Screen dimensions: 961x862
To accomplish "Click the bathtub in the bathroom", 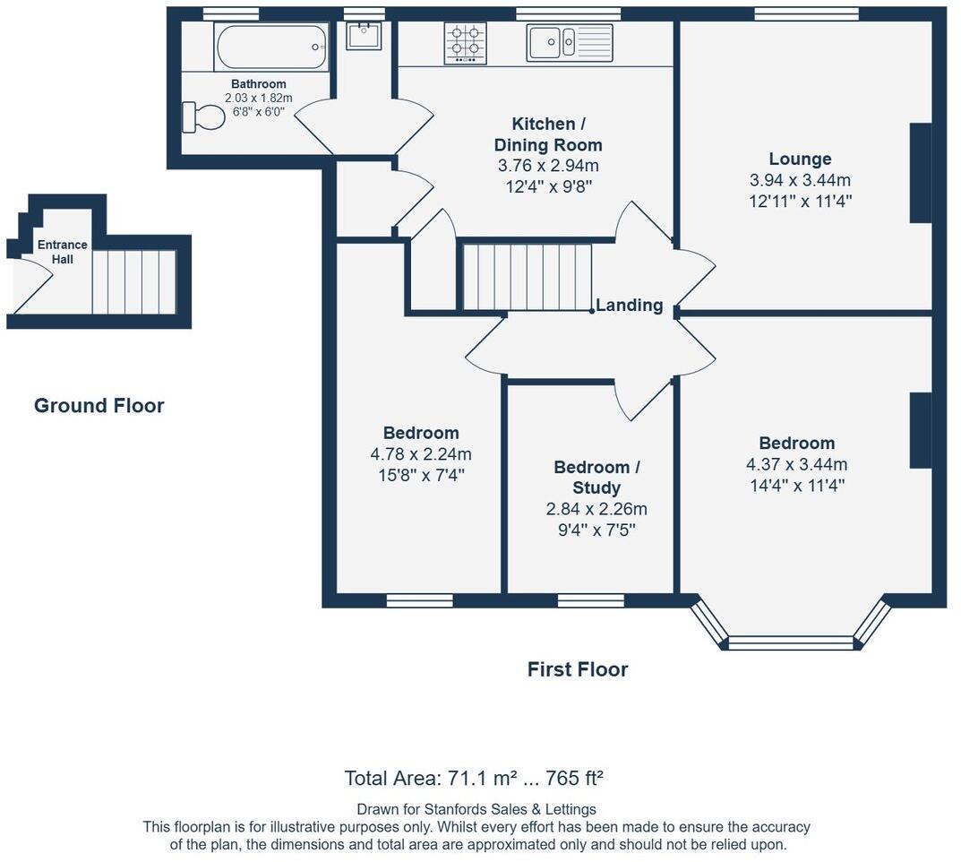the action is pyautogui.click(x=270, y=47).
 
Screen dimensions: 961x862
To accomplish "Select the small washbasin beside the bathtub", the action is pyautogui.click(x=364, y=36).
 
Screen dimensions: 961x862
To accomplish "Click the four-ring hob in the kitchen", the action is pyautogui.click(x=466, y=43).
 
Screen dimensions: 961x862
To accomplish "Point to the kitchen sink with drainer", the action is pyautogui.click(x=570, y=42).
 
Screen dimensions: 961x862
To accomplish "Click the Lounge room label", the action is pyautogui.click(x=801, y=159).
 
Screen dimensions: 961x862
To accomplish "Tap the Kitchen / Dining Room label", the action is pyautogui.click(x=548, y=134).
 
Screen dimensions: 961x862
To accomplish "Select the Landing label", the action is pyautogui.click(x=630, y=305).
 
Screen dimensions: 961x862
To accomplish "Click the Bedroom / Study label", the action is pyautogui.click(x=596, y=477).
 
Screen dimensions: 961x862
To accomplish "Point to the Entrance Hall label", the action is pyautogui.click(x=62, y=252).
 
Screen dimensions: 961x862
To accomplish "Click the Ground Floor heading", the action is pyautogui.click(x=99, y=405).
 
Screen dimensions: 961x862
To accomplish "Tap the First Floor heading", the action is pyautogui.click(x=578, y=668).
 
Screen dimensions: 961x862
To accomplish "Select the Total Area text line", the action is pyautogui.click(x=474, y=778).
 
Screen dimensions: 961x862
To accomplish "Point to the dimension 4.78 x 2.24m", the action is pyautogui.click(x=421, y=454).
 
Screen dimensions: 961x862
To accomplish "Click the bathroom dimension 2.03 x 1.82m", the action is pyautogui.click(x=258, y=98).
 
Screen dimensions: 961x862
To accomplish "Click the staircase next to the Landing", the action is pyautogui.click(x=528, y=277).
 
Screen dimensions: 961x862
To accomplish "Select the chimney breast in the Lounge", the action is pyautogui.click(x=920, y=173).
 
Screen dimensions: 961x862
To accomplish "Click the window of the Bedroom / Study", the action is pyautogui.click(x=591, y=600).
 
